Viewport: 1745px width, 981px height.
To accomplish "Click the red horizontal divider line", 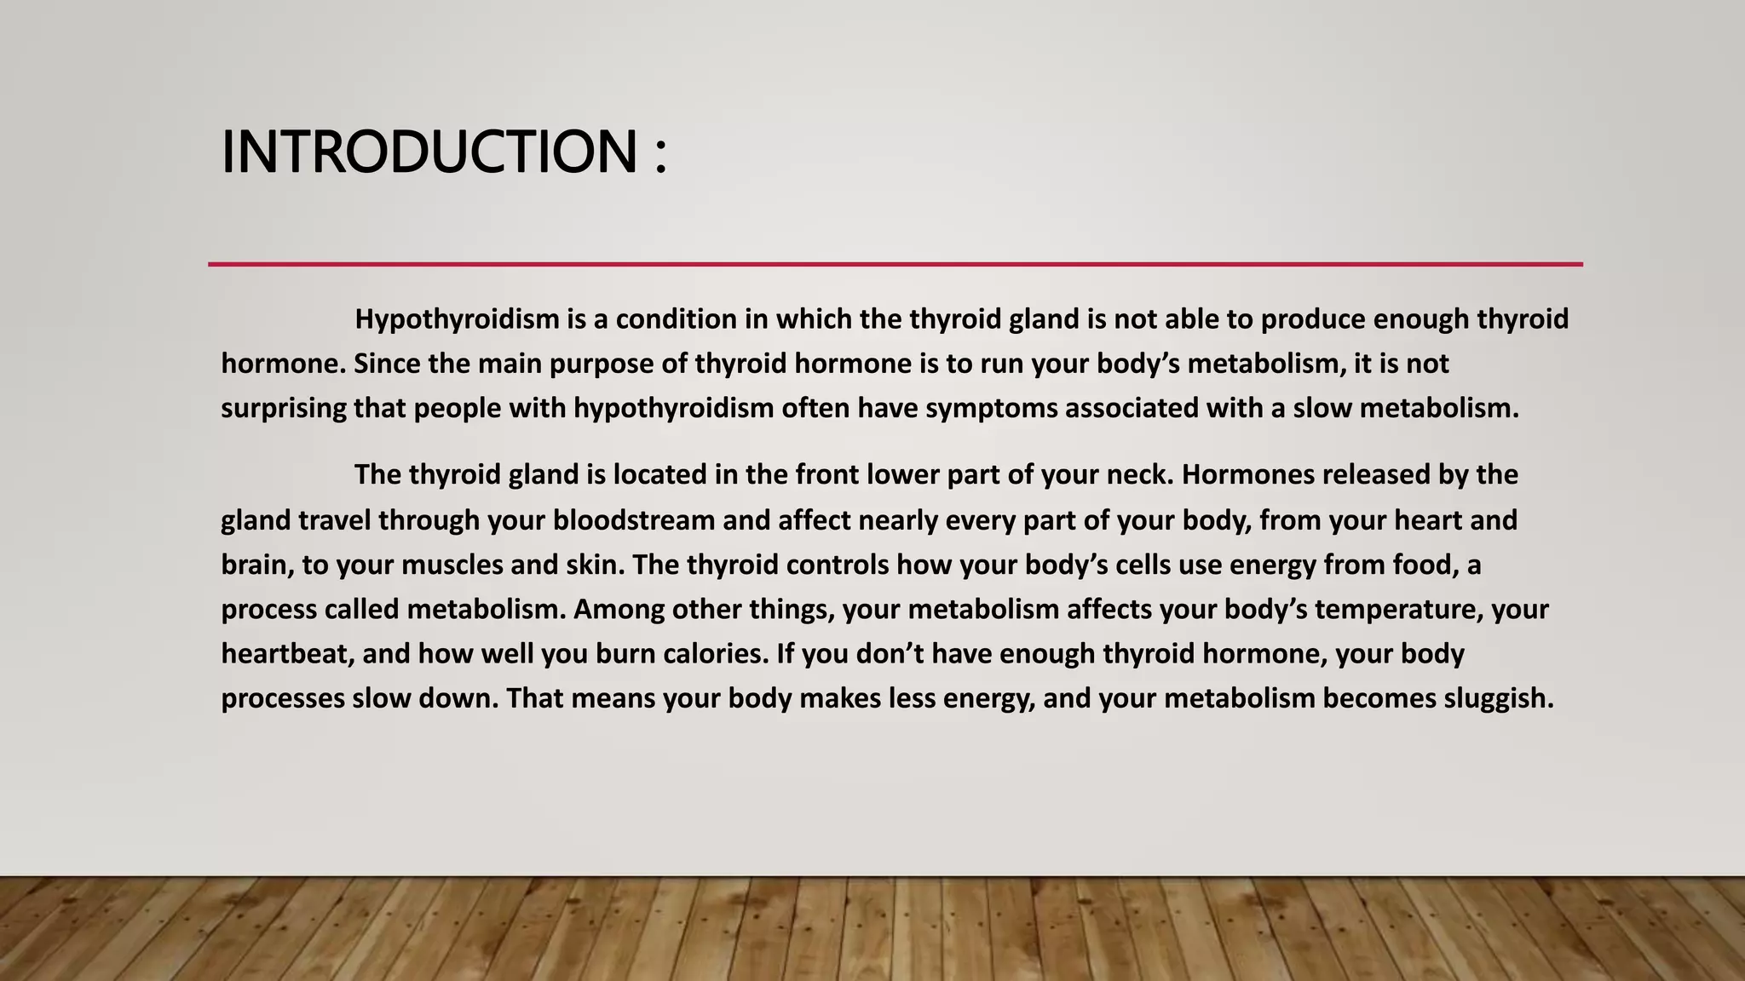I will point(895,264).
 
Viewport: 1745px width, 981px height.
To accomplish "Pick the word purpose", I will point(602,364).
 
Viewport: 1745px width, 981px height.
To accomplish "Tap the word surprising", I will point(284,409).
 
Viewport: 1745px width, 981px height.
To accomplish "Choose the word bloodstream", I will point(634,520).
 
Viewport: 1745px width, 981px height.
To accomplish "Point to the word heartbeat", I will point(287,654).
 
